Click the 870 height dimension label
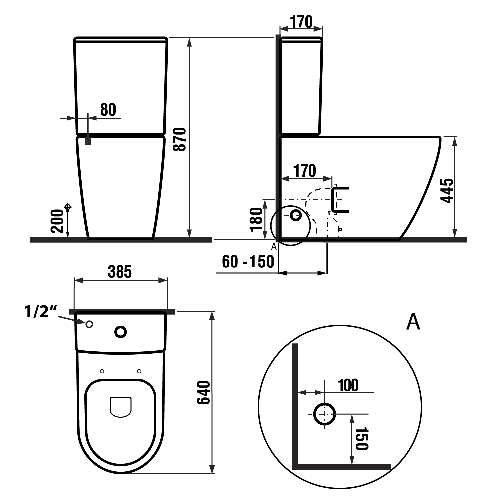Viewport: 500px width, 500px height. coord(181,139)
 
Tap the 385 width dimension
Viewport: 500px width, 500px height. coord(120,272)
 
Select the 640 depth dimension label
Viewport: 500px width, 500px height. coord(203,393)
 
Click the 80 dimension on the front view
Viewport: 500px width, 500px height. coord(108,110)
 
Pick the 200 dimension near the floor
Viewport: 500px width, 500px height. coord(57,221)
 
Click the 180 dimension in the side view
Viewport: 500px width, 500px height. coord(257,219)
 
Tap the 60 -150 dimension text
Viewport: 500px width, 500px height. coord(248,262)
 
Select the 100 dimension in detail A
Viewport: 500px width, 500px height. coord(348,385)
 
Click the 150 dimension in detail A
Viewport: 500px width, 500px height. coord(362,438)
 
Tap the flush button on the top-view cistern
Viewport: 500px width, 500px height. coord(121,332)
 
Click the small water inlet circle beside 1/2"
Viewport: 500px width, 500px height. coord(89,324)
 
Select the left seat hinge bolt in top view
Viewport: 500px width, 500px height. coord(102,371)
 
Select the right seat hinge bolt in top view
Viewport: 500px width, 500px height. coord(139,371)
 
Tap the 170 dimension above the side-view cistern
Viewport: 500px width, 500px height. coord(301,22)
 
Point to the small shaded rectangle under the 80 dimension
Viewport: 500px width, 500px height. coord(88,141)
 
